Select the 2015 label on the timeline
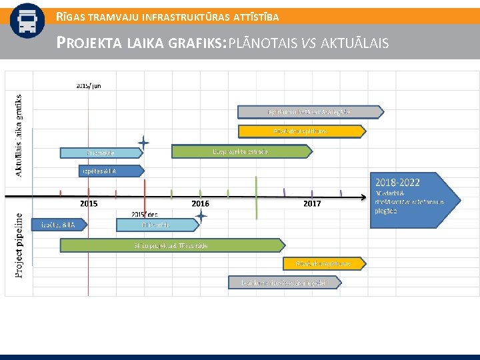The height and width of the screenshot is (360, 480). pyautogui.click(x=89, y=203)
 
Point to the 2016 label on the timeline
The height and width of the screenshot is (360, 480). pyautogui.click(x=200, y=203)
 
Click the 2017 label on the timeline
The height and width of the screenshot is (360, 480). pyautogui.click(x=312, y=203)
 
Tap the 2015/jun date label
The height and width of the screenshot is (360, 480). pyautogui.click(x=89, y=85)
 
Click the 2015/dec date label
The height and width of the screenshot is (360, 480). pyautogui.click(x=145, y=214)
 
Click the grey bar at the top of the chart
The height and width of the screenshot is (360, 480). pyautogui.click(x=310, y=111)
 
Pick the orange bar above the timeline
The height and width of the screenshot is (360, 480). pyautogui.click(x=293, y=131)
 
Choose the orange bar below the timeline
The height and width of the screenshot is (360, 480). pyautogui.click(x=317, y=264)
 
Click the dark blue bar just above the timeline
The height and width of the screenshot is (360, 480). pyautogui.click(x=100, y=170)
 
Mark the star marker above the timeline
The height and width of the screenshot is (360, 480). pyautogui.click(x=143, y=142)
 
